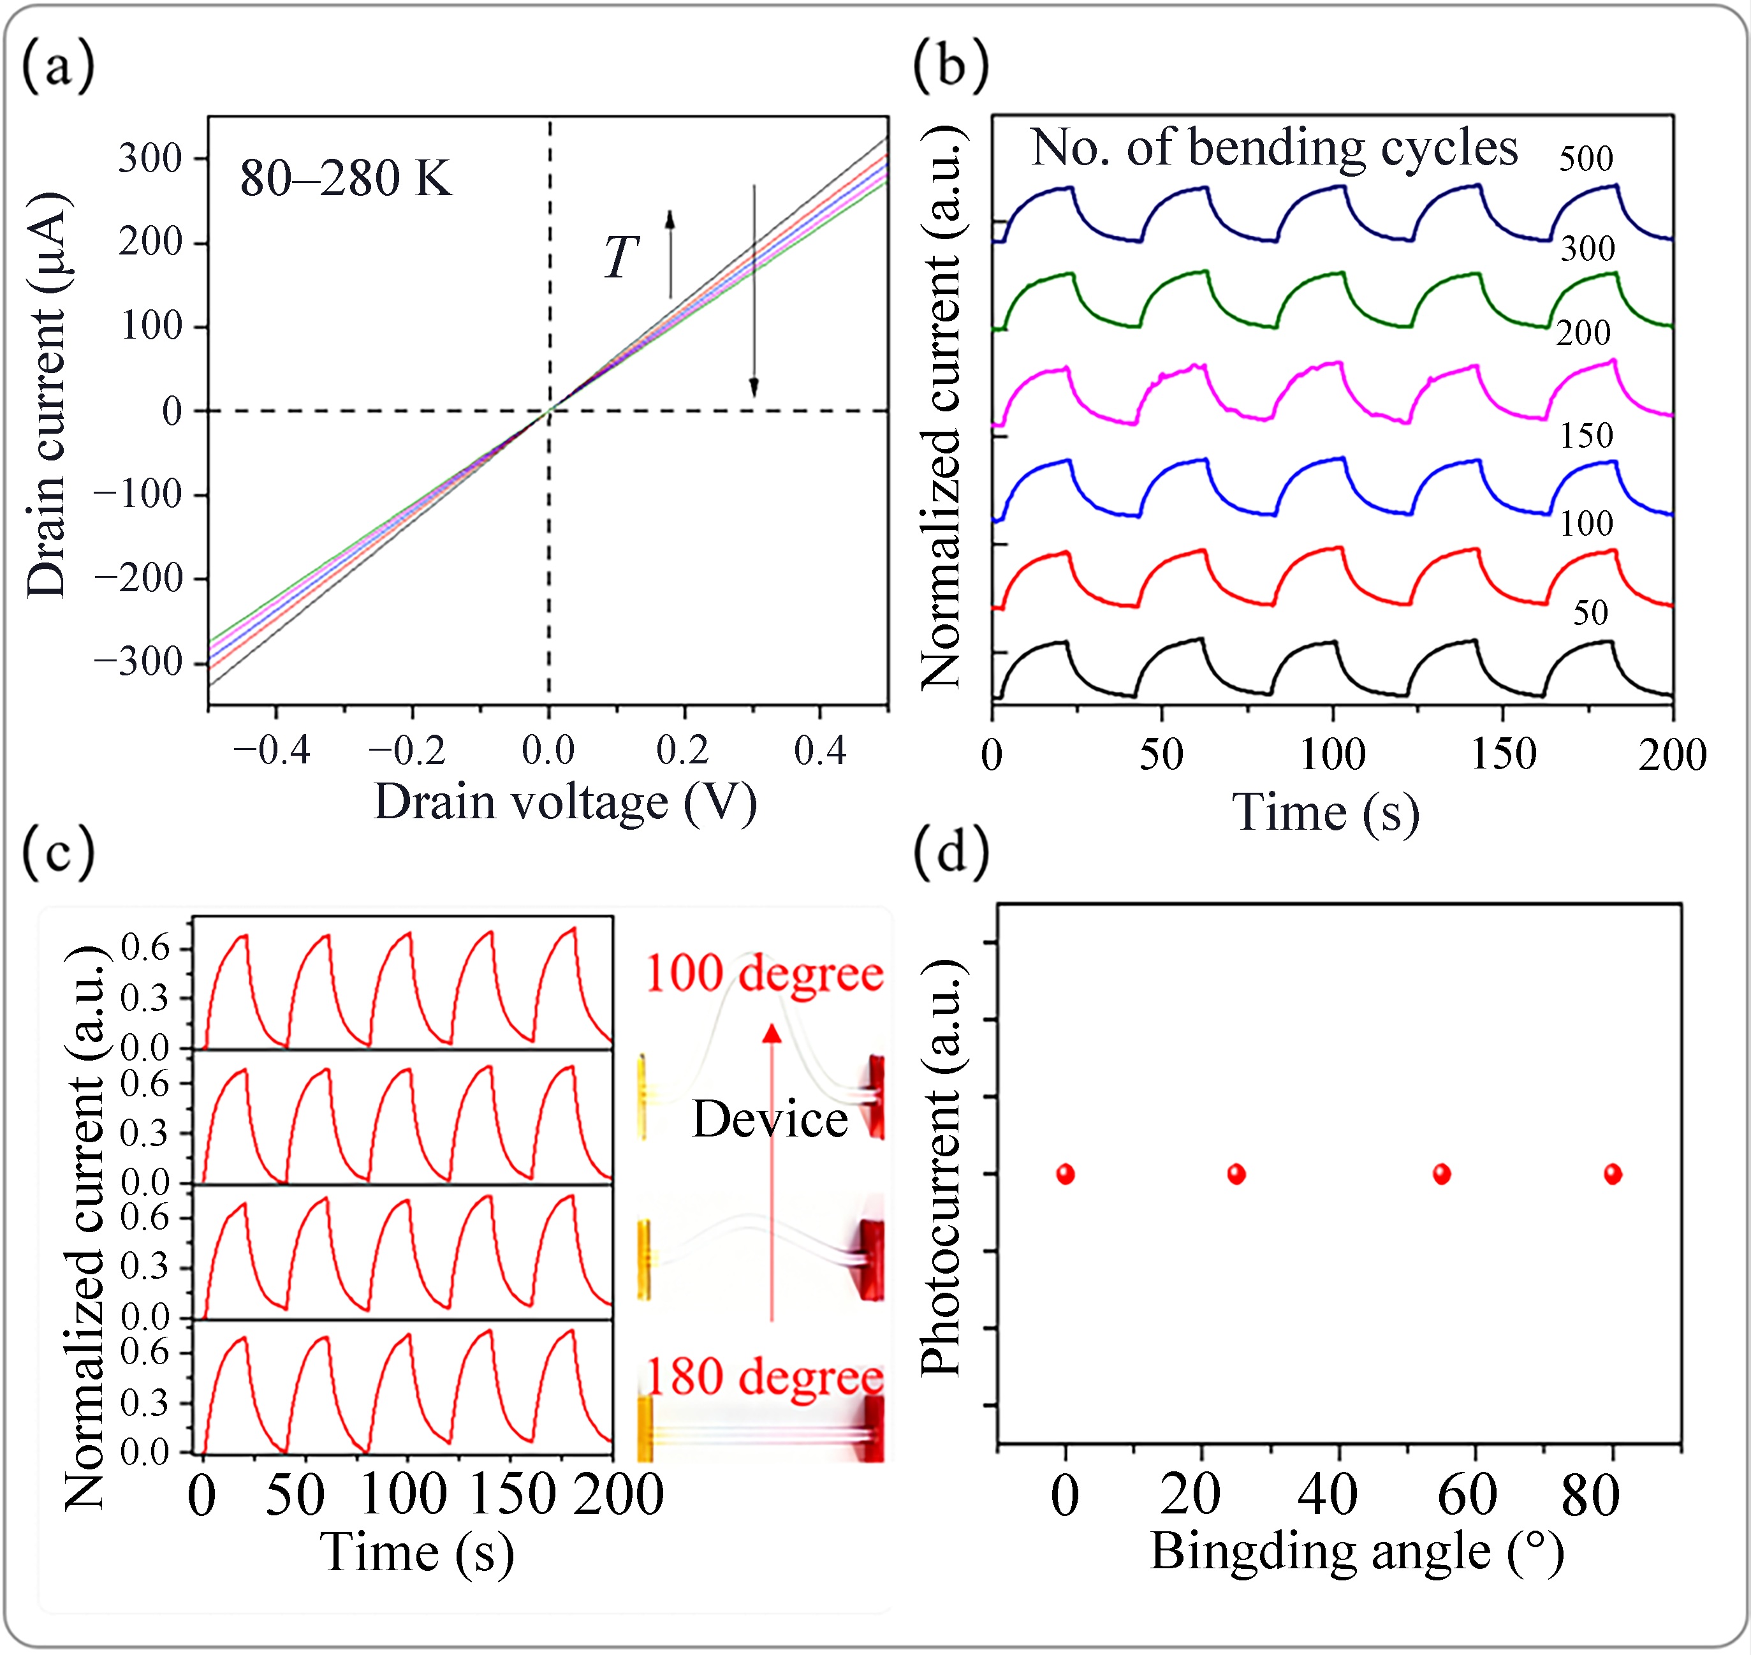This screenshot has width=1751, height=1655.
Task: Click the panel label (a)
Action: click(x=58, y=68)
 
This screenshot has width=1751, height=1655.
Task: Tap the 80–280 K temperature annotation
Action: click(x=346, y=179)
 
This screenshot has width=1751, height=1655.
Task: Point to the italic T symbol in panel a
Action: click(x=621, y=258)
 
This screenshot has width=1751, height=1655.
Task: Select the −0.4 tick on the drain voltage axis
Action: click(x=272, y=751)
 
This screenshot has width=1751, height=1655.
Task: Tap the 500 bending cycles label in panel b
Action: click(x=1586, y=159)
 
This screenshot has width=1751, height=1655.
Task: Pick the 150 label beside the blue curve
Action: click(x=1586, y=436)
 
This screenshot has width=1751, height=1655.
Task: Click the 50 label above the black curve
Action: click(x=1590, y=613)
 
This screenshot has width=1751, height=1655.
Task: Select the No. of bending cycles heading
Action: click(x=1275, y=147)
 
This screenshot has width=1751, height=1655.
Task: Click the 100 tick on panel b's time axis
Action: click(x=1333, y=755)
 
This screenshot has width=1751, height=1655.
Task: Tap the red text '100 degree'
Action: click(x=765, y=974)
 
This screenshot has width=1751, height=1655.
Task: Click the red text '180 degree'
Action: click(x=765, y=1376)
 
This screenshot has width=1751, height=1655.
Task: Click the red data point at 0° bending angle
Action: click(x=1066, y=1174)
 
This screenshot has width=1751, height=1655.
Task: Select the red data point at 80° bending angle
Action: click(x=1613, y=1174)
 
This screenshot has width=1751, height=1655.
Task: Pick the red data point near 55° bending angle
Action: click(x=1441, y=1174)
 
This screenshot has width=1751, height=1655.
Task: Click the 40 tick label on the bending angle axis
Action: click(x=1328, y=1496)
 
